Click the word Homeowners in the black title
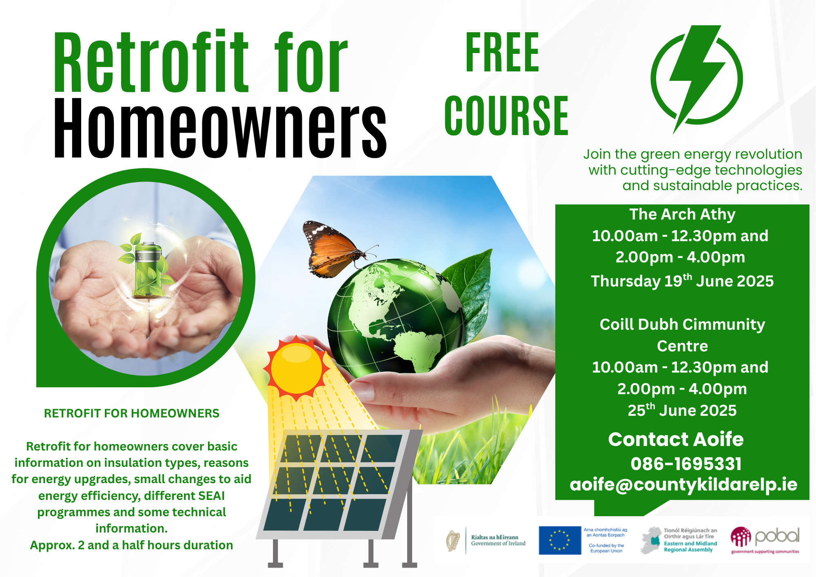pyautogui.click(x=220, y=128)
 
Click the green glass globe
pyautogui.click(x=396, y=316)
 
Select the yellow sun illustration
pyautogui.click(x=297, y=368)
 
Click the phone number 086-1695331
pyautogui.click(x=686, y=464)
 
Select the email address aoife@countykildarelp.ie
pyautogui.click(x=683, y=484)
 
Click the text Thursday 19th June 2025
pyautogui.click(x=682, y=281)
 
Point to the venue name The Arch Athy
pyautogui.click(x=682, y=214)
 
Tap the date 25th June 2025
pyautogui.click(x=682, y=410)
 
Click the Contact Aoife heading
pyautogui.click(x=676, y=439)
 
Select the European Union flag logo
pyautogui.click(x=560, y=540)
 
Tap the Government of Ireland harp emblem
pyautogui.click(x=453, y=541)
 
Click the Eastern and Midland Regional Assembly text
pyautogui.click(x=690, y=546)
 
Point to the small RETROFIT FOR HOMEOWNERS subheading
pyautogui.click(x=131, y=413)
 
